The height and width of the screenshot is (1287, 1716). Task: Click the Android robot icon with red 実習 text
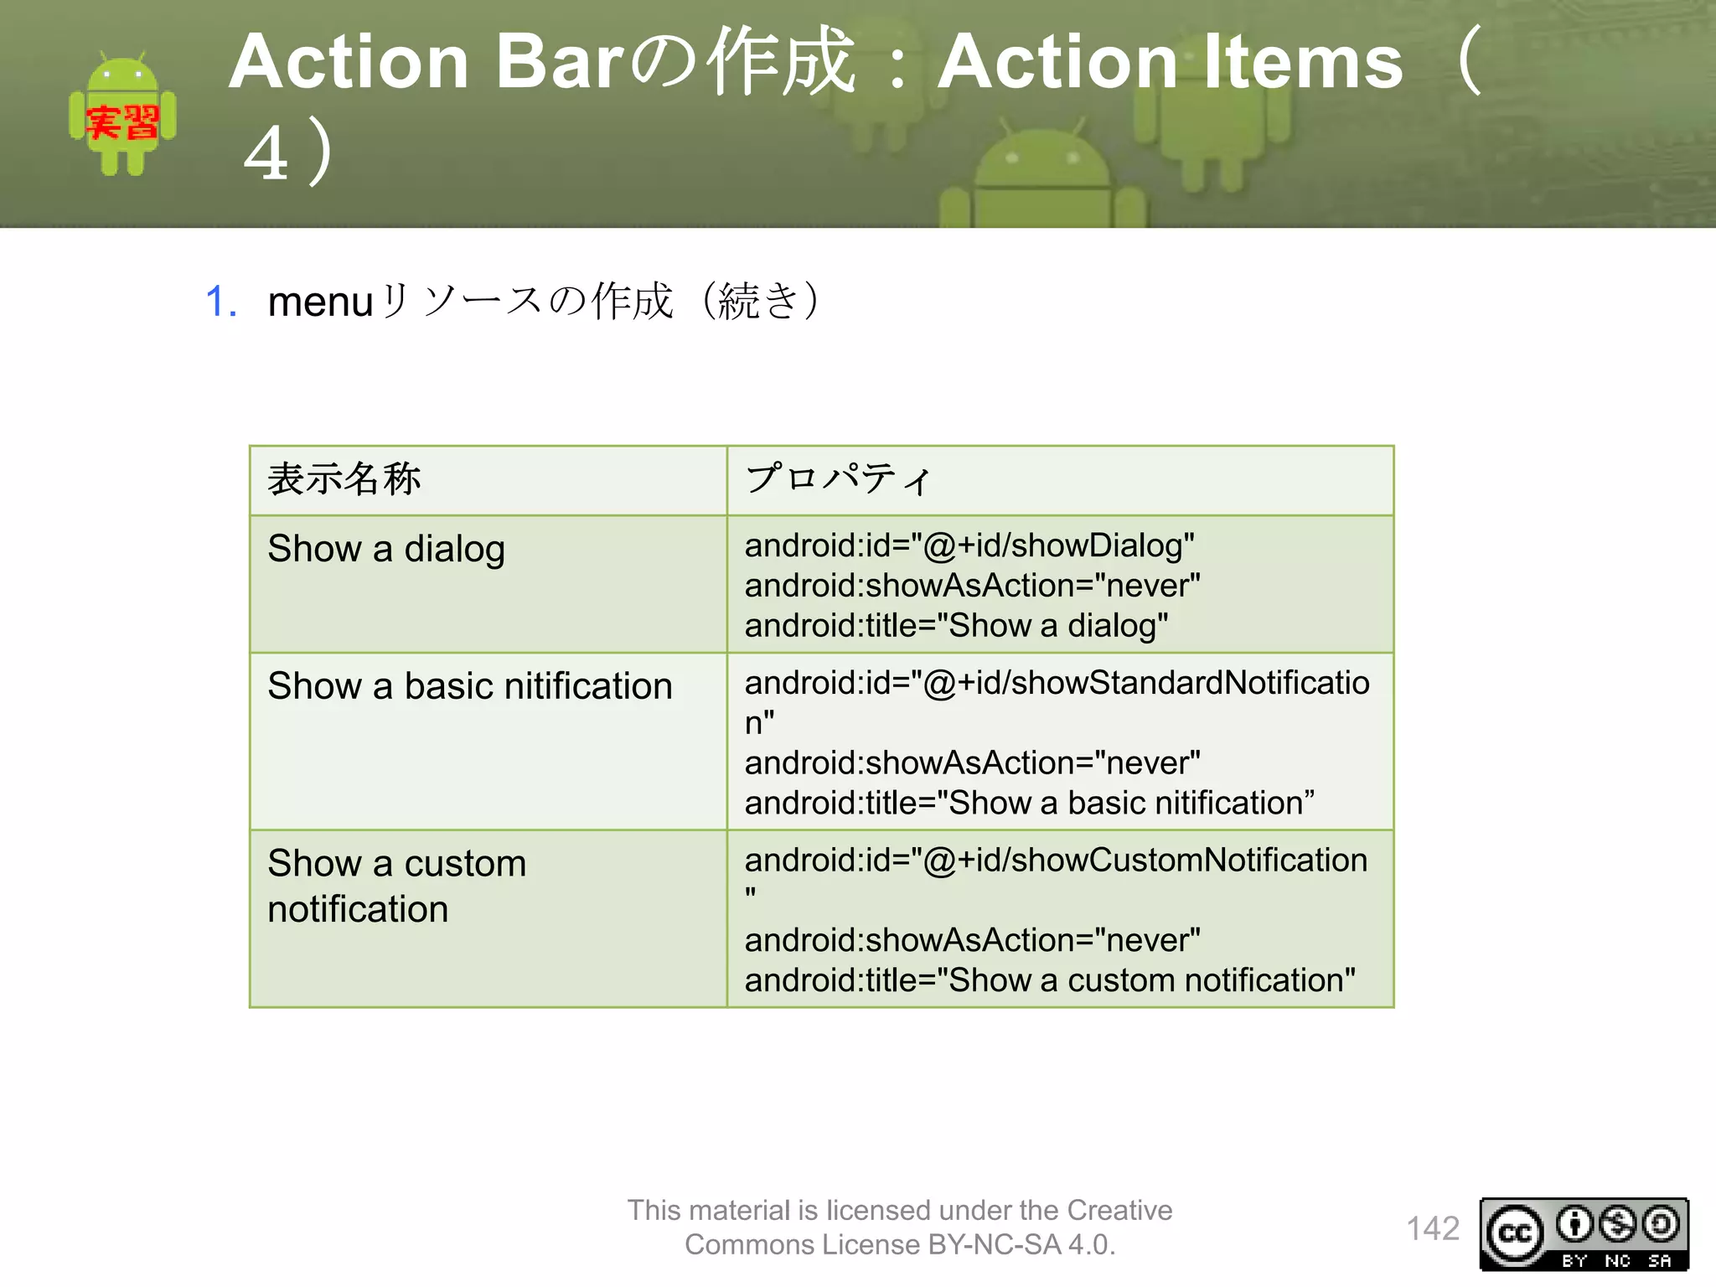coord(122,116)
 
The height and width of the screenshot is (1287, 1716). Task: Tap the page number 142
coord(1432,1228)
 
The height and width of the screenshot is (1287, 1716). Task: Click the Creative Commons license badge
coord(1584,1234)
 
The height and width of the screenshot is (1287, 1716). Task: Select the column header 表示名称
coord(344,480)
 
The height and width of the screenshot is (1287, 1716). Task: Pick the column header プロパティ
coord(838,480)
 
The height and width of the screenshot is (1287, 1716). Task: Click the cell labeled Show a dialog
coord(386,550)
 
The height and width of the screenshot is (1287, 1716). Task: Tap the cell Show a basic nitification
coord(470,686)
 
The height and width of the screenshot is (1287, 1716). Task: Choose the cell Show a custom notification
coord(397,886)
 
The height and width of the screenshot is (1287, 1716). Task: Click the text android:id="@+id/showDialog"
coord(969,545)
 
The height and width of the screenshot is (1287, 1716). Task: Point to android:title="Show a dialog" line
coord(956,626)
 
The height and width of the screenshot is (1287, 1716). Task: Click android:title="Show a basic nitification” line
coord(1029,803)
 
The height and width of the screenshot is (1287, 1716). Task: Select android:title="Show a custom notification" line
coord(1050,980)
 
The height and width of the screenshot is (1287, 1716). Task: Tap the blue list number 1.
coord(221,302)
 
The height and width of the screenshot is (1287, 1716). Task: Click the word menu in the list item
coord(320,302)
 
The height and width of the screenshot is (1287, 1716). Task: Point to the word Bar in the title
coord(560,62)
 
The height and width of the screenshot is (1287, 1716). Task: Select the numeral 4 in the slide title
coord(266,154)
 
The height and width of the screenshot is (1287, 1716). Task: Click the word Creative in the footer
coord(1119,1211)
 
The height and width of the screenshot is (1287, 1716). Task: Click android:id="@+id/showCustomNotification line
coord(1056,861)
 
